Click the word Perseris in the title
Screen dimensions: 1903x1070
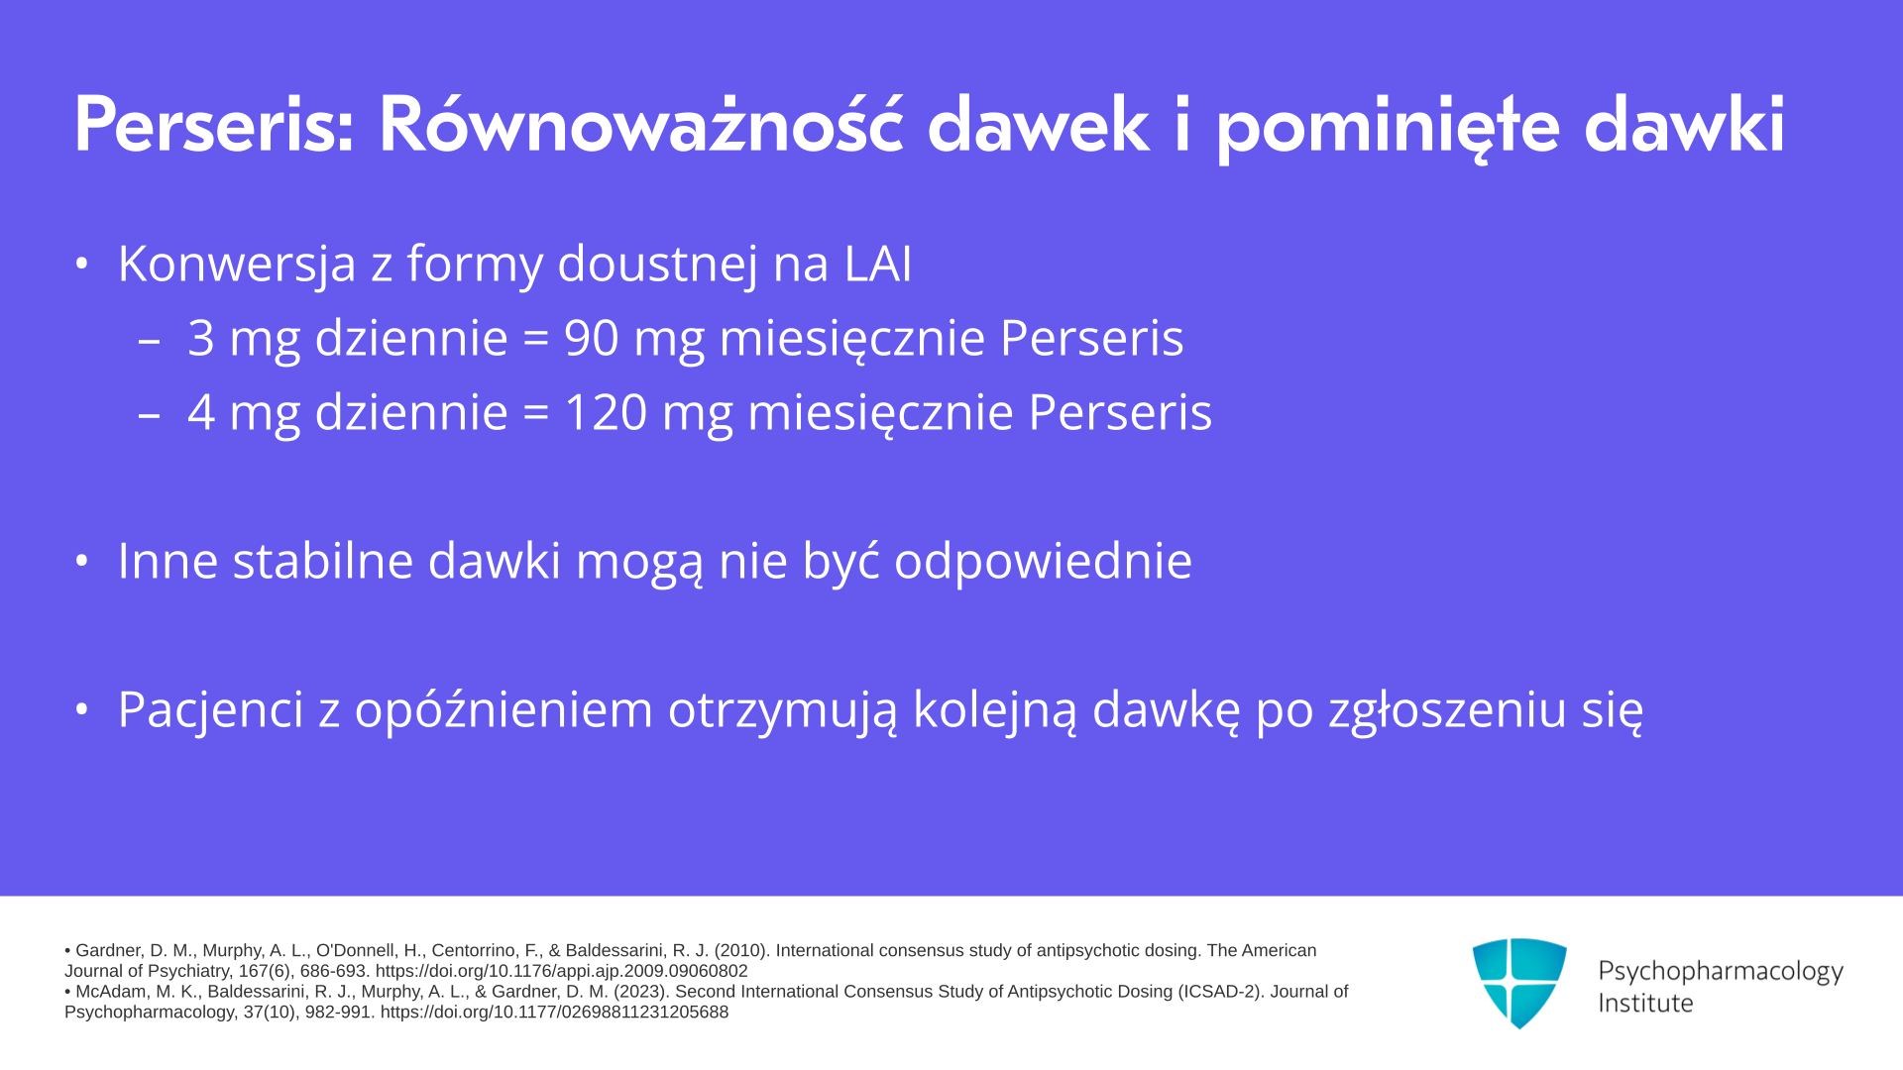(x=214, y=126)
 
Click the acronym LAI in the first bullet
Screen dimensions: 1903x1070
(x=877, y=264)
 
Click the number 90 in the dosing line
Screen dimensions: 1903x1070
(x=592, y=338)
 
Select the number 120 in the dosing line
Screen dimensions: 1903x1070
(x=606, y=412)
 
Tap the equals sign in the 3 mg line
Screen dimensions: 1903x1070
(x=536, y=339)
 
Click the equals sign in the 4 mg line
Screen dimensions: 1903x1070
(x=536, y=413)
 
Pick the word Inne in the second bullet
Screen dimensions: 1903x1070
(x=168, y=561)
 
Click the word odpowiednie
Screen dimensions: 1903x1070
(x=1043, y=561)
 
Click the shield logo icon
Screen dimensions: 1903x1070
(x=1519, y=983)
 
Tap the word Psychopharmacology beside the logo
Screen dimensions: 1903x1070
(x=1721, y=972)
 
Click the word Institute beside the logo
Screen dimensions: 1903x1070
(x=1645, y=1004)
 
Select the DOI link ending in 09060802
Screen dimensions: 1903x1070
(x=561, y=971)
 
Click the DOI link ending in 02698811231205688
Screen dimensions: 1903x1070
(x=554, y=1012)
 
